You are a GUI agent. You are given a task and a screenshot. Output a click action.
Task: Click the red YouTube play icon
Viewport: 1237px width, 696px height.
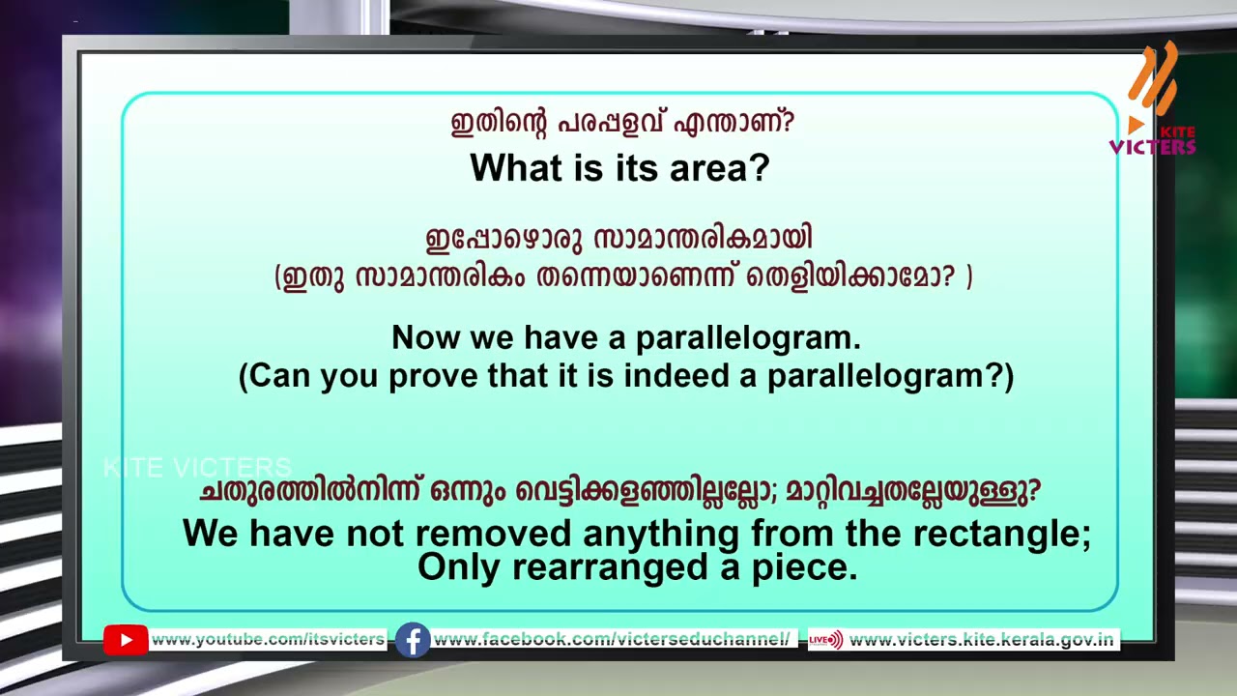pyautogui.click(x=126, y=640)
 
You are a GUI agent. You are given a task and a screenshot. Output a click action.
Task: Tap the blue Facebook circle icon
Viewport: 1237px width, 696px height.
pyautogui.click(x=413, y=640)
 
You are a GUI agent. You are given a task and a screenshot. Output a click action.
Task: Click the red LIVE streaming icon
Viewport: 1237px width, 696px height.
pyautogui.click(x=825, y=640)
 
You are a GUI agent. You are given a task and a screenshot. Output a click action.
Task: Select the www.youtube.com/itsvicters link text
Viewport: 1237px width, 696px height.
pyautogui.click(x=268, y=639)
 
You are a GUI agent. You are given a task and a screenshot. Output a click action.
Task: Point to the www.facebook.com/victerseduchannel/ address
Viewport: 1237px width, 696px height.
pyautogui.click(x=612, y=639)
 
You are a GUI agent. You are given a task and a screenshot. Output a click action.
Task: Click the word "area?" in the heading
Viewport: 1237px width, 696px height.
pyautogui.click(x=720, y=167)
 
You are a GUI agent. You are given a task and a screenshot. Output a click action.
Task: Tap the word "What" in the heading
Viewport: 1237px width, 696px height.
pyautogui.click(x=517, y=167)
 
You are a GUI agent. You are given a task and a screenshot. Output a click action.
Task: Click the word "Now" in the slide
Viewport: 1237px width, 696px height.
pyautogui.click(x=425, y=337)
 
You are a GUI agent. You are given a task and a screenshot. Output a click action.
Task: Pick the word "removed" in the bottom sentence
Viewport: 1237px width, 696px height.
pyautogui.click(x=493, y=534)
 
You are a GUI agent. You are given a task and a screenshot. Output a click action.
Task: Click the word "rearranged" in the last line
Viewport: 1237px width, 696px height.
pyautogui.click(x=610, y=568)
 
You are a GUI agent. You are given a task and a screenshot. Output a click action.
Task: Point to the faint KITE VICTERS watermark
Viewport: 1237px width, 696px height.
pyautogui.click(x=197, y=468)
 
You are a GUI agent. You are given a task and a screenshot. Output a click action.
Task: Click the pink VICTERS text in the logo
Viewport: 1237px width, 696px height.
pyautogui.click(x=1153, y=146)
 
